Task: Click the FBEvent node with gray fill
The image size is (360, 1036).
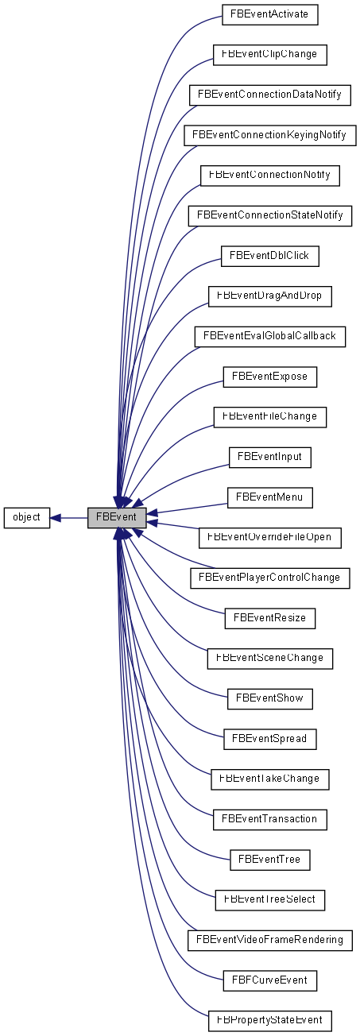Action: (116, 517)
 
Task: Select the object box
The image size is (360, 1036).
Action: (27, 517)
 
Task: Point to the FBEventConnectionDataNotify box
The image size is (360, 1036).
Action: (270, 95)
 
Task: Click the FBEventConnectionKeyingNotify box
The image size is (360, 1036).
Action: (270, 135)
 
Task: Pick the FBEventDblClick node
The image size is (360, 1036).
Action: (270, 256)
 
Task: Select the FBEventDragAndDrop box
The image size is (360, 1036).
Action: (270, 296)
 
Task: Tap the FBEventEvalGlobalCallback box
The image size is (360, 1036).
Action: (270, 336)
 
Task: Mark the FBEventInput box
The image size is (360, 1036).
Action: (270, 457)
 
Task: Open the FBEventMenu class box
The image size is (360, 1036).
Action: (270, 497)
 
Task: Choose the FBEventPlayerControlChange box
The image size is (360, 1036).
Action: (270, 578)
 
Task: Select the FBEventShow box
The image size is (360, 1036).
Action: (270, 698)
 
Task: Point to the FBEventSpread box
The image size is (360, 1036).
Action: (270, 739)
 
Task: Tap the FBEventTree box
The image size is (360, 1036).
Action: (270, 860)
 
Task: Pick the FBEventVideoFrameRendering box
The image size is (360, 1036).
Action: (270, 940)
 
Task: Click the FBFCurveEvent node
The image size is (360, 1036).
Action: (270, 980)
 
